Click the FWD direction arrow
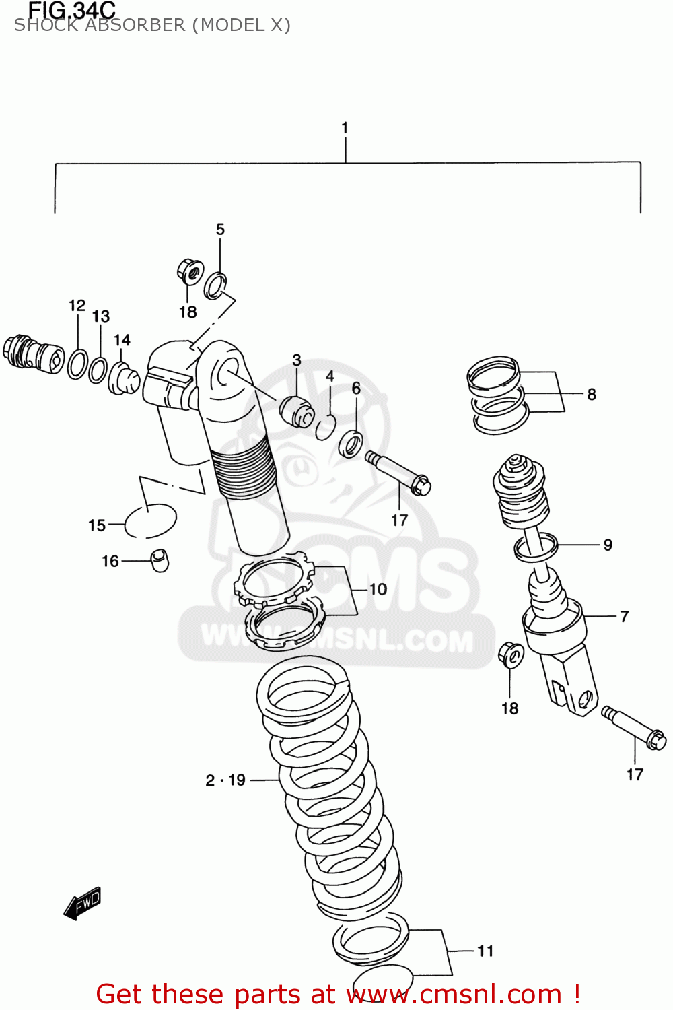pos(82,904)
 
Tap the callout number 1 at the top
pos(345,128)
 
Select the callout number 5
pos(220,230)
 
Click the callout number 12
pos(77,306)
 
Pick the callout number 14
pos(122,340)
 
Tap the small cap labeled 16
pos(159,560)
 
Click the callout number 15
pos(97,525)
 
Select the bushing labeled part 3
pos(297,411)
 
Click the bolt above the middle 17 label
pos(398,473)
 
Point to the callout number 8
pos(592,394)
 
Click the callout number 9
pos(608,545)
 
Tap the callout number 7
pos(624,616)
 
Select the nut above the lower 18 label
pos(511,654)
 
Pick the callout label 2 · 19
pos(225,780)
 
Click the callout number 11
pos(485,951)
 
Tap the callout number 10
pos(378,589)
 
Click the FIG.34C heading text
pos(71,10)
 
